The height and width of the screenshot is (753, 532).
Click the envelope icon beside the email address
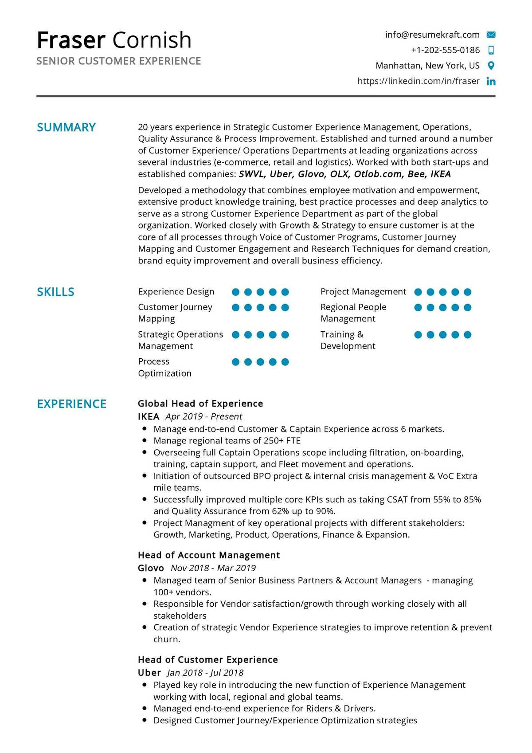click(491, 35)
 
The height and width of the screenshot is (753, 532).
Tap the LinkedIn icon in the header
click(491, 81)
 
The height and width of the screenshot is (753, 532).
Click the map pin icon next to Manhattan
click(491, 66)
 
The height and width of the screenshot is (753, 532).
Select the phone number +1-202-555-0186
click(445, 50)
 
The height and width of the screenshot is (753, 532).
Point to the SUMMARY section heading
click(66, 127)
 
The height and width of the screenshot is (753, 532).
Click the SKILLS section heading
click(55, 292)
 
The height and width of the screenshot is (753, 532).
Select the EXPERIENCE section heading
click(71, 404)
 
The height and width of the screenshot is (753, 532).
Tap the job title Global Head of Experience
click(200, 404)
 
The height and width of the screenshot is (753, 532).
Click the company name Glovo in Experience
click(151, 568)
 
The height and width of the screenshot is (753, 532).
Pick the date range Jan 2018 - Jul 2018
click(205, 673)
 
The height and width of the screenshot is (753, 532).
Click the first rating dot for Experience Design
click(236, 292)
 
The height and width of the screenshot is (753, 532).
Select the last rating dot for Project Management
click(467, 292)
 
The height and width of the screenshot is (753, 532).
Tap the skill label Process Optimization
click(164, 367)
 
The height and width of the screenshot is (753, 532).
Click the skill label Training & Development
click(348, 340)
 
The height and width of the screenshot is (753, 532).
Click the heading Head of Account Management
click(209, 555)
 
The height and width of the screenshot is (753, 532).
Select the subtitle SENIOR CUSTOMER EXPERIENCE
click(119, 61)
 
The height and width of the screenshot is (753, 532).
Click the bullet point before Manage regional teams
click(145, 440)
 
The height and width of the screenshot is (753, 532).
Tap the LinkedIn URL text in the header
click(419, 81)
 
